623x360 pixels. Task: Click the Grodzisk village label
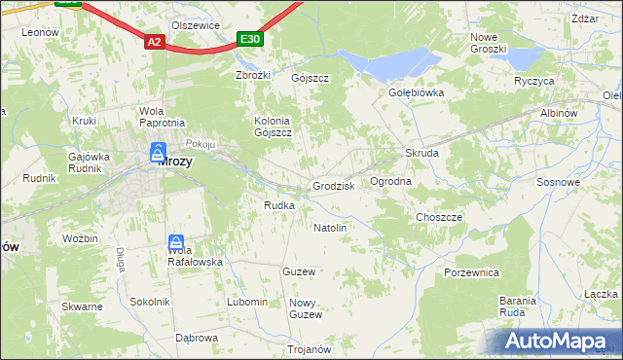pos(333,186)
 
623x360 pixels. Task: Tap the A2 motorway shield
pos(154,42)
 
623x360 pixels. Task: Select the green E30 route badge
pos(250,39)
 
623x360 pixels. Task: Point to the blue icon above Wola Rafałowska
pos(176,242)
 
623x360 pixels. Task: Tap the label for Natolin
pos(330,228)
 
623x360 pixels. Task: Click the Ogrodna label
pos(391,182)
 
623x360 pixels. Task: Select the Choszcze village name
pos(438,217)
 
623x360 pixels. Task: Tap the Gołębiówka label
pos(417,93)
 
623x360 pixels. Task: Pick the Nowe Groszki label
pos(488,43)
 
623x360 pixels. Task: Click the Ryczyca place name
pos(533,81)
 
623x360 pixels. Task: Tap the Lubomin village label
pos(247,302)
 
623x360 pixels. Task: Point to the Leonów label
pos(40,32)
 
